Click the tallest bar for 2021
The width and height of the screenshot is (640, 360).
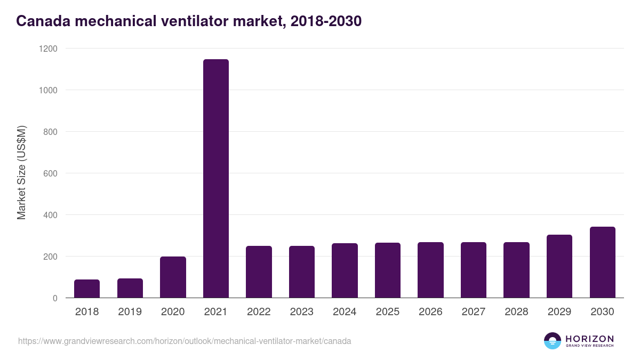(x=215, y=179)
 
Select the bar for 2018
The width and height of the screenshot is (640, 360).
(x=87, y=289)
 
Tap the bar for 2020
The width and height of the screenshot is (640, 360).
(x=173, y=277)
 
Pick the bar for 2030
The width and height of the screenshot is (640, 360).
(x=602, y=262)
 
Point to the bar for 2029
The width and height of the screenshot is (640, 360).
(x=559, y=266)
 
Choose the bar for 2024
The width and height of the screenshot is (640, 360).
(x=345, y=270)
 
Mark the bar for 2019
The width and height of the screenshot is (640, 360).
(x=130, y=288)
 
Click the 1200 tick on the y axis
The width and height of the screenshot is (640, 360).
(x=48, y=49)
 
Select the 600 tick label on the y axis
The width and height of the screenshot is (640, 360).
(x=50, y=173)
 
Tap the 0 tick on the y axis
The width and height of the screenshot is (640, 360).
(x=55, y=298)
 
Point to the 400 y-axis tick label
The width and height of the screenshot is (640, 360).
(x=50, y=215)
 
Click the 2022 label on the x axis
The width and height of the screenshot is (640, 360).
(x=259, y=312)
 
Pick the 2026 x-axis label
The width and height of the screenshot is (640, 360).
(x=430, y=312)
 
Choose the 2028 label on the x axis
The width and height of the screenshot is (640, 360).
(x=516, y=312)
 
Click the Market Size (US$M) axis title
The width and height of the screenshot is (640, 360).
(x=21, y=173)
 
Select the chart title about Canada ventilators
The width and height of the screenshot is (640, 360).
(x=189, y=21)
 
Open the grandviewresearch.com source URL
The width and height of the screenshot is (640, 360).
(x=185, y=341)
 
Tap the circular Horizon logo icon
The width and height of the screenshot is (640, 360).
(x=552, y=341)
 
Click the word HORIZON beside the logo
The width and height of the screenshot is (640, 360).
(x=589, y=338)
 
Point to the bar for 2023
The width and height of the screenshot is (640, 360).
(x=302, y=272)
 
